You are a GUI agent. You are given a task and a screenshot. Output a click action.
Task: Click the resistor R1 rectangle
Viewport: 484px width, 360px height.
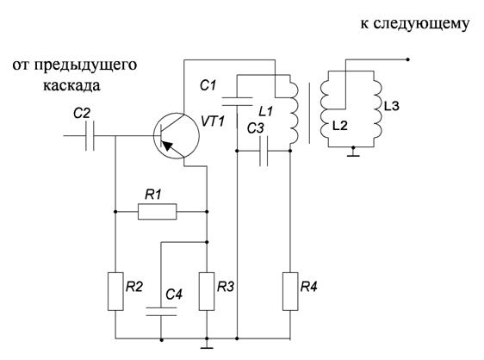point(157,212)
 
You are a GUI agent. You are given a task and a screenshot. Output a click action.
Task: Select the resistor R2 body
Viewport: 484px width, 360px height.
point(115,291)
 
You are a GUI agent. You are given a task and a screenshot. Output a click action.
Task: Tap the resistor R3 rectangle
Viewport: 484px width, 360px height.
point(207,291)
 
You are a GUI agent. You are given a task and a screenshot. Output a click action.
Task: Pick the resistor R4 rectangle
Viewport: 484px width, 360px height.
point(290,291)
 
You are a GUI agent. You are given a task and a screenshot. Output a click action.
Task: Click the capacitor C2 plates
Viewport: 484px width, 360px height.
point(90,136)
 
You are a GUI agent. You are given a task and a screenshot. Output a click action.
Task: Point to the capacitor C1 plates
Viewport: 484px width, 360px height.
point(237,102)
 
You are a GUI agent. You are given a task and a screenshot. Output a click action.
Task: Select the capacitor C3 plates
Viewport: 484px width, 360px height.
point(264,151)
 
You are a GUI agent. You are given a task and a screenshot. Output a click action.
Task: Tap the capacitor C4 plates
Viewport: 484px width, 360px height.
point(161,312)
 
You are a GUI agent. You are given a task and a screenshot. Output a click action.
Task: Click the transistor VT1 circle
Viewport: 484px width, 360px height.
point(177,136)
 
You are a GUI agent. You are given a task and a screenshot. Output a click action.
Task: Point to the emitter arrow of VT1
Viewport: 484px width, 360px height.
point(167,145)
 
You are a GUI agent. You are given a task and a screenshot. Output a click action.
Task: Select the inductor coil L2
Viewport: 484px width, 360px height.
point(326,108)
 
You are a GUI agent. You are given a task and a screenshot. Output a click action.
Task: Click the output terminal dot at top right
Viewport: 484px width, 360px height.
point(407,59)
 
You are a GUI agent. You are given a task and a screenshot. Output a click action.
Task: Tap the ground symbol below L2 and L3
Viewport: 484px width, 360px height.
point(353,152)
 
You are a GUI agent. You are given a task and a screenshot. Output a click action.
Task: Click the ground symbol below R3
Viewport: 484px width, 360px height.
point(207,344)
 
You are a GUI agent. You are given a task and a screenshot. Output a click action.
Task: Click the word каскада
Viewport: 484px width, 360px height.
point(71,85)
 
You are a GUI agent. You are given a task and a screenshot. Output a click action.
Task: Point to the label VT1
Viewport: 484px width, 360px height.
point(213,121)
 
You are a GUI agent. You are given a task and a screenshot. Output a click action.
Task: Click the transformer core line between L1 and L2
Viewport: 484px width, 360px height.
point(309,113)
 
